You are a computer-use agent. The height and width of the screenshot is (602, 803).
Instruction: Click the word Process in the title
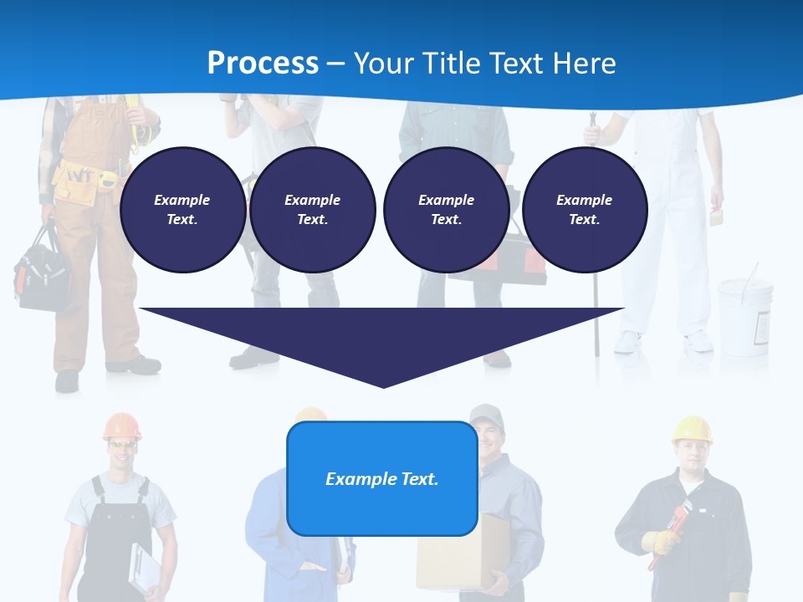point(263,63)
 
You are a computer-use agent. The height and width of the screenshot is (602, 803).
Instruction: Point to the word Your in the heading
point(384,63)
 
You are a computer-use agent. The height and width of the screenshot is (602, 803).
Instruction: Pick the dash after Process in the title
point(335,64)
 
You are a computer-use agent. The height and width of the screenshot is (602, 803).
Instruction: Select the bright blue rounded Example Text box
point(382,478)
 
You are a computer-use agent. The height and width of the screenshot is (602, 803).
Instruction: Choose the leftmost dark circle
point(182,209)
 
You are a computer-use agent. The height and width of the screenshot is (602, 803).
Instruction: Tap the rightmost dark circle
point(584,209)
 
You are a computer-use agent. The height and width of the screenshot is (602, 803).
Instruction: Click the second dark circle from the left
point(312,209)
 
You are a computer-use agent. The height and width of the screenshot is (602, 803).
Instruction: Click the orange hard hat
point(122,426)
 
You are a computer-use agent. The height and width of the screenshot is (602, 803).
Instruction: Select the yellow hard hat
point(692,428)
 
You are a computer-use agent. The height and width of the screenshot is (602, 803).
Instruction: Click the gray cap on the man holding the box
point(486,414)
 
